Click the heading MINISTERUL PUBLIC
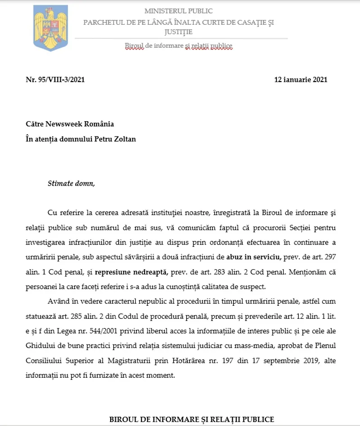(x=179, y=11)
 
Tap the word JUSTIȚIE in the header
(x=178, y=32)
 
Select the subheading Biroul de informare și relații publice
(x=179, y=45)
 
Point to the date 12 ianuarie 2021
(x=301, y=80)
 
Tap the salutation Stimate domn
(x=72, y=183)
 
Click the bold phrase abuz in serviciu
(x=256, y=257)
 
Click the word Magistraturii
(x=129, y=360)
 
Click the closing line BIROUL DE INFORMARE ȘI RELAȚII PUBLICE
(x=192, y=419)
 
